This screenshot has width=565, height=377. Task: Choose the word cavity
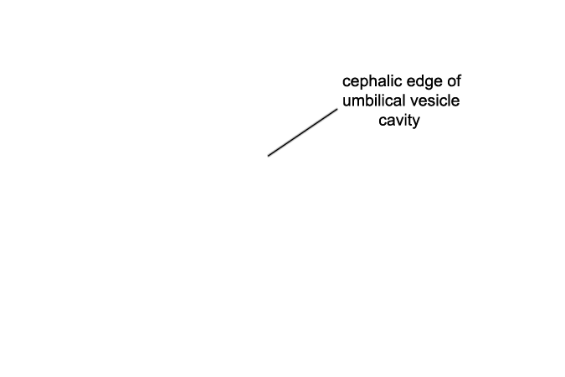click(399, 121)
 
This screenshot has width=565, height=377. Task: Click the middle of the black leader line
click(303, 132)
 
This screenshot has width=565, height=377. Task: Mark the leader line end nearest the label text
click(337, 109)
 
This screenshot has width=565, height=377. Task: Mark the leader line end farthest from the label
click(268, 156)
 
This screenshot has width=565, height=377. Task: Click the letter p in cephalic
click(362, 83)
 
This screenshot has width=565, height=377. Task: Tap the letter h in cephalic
click(371, 81)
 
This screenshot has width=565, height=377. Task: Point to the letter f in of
click(459, 81)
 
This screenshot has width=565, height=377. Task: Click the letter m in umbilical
click(357, 102)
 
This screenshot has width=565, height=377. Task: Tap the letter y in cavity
click(416, 122)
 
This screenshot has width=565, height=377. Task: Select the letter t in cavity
click(410, 120)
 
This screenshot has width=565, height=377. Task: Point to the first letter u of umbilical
click(347, 102)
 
